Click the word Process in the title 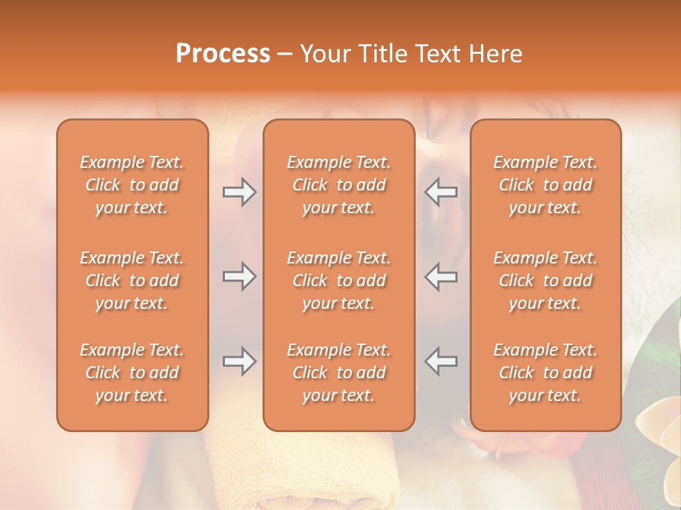pyautogui.click(x=223, y=54)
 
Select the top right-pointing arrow pyautogui.click(x=239, y=192)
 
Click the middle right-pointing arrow pyautogui.click(x=239, y=276)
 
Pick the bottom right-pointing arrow pyautogui.click(x=239, y=361)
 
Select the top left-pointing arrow pyautogui.click(x=441, y=192)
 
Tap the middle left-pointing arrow pyautogui.click(x=441, y=276)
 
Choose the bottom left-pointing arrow pyautogui.click(x=441, y=361)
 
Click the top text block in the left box pyautogui.click(x=132, y=185)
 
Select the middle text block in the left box pyautogui.click(x=132, y=280)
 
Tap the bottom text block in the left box pyautogui.click(x=132, y=373)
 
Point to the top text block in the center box pyautogui.click(x=339, y=185)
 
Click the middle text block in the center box pyautogui.click(x=339, y=280)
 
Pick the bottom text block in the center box pyautogui.click(x=339, y=373)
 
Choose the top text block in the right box pyautogui.click(x=546, y=185)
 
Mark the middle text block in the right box pyautogui.click(x=546, y=280)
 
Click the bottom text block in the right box pyautogui.click(x=546, y=373)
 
